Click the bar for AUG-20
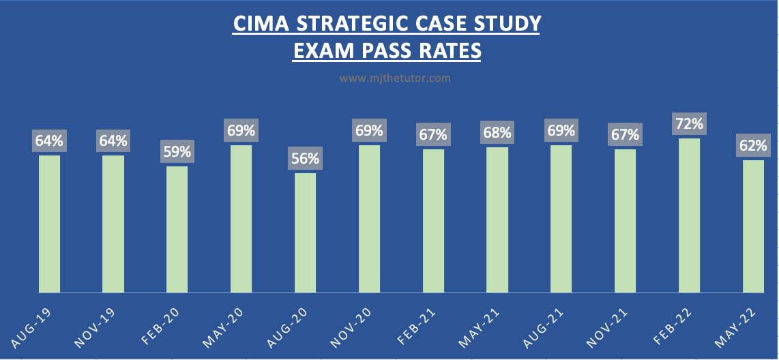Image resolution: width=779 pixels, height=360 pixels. click(x=305, y=233)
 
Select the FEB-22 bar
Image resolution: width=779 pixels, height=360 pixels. click(x=689, y=215)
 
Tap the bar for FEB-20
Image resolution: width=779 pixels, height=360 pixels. click(x=177, y=230)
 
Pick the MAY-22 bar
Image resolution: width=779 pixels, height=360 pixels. click(x=753, y=226)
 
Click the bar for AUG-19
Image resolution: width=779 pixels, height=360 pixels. click(x=49, y=224)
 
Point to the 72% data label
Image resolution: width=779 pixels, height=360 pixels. click(x=689, y=124)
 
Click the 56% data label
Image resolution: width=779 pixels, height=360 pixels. click(x=305, y=159)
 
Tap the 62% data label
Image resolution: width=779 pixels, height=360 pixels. click(x=753, y=145)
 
